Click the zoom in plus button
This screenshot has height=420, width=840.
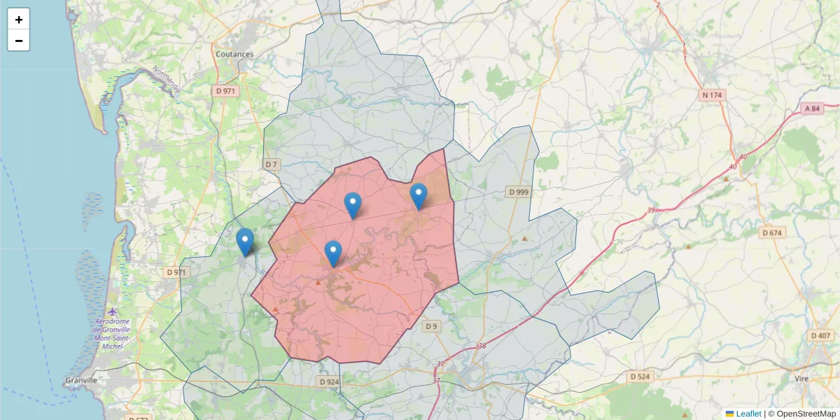(19, 20)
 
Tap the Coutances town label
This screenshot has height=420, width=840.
(234, 54)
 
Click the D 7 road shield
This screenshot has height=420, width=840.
(272, 164)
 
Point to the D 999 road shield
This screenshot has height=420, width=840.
(519, 192)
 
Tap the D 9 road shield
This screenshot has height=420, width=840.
(431, 326)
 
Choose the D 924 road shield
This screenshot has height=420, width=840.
(328, 381)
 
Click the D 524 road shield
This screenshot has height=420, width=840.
(640, 377)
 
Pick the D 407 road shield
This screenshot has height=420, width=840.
(821, 336)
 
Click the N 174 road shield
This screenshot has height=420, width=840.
(712, 94)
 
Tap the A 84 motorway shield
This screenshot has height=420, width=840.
(812, 108)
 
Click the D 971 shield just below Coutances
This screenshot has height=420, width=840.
(225, 91)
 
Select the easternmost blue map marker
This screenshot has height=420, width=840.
(419, 196)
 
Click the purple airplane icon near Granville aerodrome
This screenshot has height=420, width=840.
(113, 311)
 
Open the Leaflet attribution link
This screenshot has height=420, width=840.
(748, 414)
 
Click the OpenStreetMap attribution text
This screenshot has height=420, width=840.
(801, 414)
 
